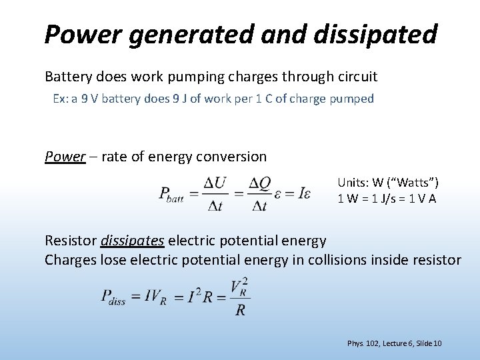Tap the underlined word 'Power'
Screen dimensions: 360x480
point(65,157)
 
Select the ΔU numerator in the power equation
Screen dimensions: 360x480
point(215,183)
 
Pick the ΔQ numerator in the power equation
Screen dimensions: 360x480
point(259,183)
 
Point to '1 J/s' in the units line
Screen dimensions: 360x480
point(391,198)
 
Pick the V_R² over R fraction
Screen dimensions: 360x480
point(240,297)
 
